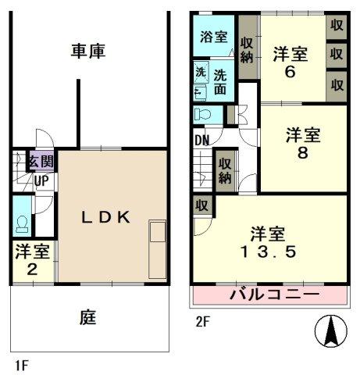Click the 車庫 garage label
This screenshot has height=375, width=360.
point(88,52)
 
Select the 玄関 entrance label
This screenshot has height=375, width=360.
point(41,162)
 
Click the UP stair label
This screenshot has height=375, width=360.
point(41,180)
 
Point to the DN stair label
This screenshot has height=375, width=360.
point(202,141)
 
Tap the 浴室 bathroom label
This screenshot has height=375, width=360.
point(212,36)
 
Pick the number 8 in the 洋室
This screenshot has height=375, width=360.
point(301,153)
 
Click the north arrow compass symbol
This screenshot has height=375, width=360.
point(331,331)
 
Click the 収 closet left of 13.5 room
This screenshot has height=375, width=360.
point(201,206)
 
